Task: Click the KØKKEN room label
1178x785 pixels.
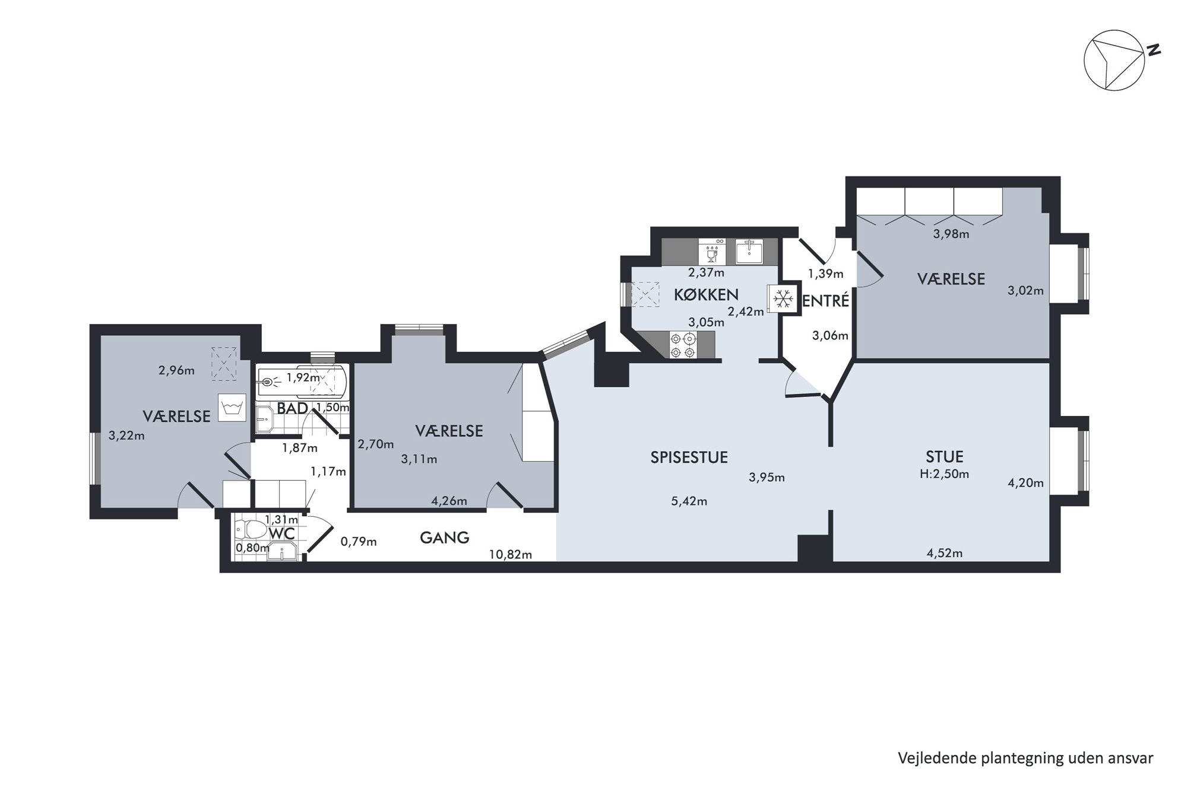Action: pyautogui.click(x=706, y=294)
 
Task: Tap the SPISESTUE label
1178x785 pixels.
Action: pyautogui.click(x=689, y=457)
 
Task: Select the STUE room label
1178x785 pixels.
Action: pyautogui.click(x=945, y=457)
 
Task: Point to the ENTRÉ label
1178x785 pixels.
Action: pyautogui.click(x=826, y=301)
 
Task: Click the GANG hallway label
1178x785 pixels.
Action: pyautogui.click(x=445, y=538)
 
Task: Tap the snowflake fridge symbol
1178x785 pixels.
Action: pyautogui.click(x=784, y=298)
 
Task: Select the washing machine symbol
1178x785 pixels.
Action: pyautogui.click(x=232, y=408)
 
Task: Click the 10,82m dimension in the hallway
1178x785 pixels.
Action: pyautogui.click(x=511, y=555)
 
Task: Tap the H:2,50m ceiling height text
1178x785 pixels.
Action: pyautogui.click(x=944, y=474)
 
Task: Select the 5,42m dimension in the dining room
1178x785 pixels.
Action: pyautogui.click(x=689, y=501)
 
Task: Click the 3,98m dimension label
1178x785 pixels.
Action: pyautogui.click(x=951, y=234)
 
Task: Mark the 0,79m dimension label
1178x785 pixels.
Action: pyautogui.click(x=359, y=542)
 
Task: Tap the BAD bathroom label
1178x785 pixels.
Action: pyautogui.click(x=292, y=408)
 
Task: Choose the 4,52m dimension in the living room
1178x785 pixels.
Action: pyautogui.click(x=945, y=554)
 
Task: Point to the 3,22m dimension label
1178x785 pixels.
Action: pyautogui.click(x=126, y=436)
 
